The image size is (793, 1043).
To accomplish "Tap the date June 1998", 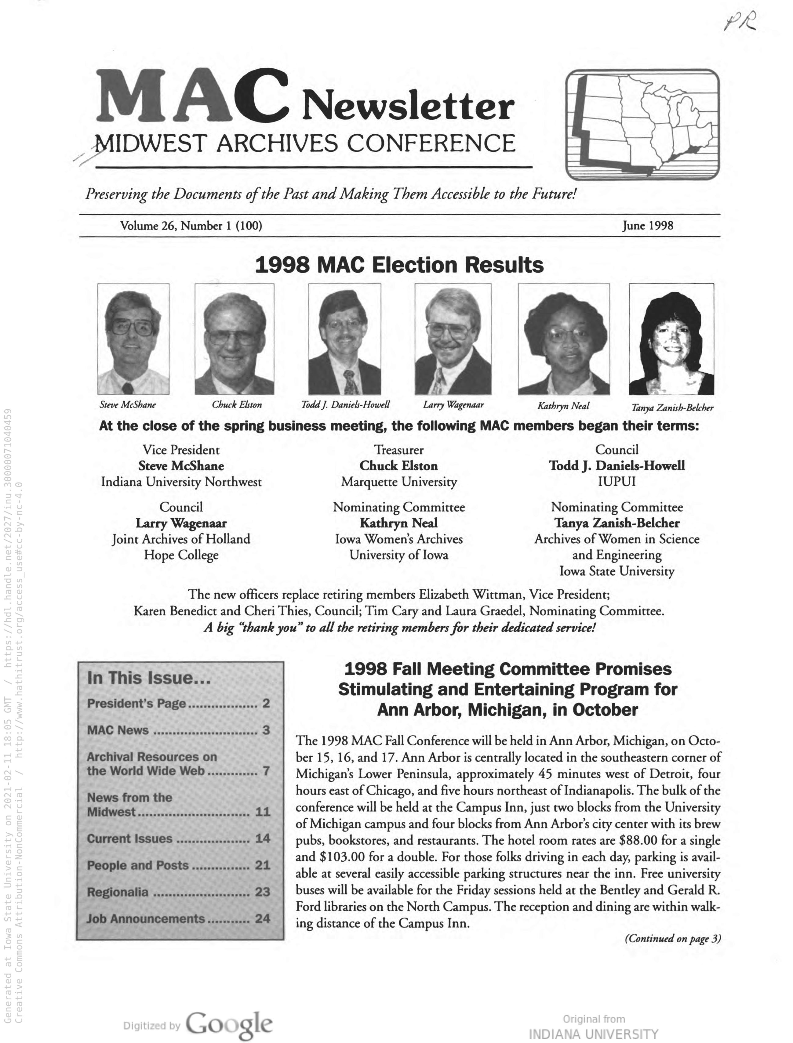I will pos(648,226).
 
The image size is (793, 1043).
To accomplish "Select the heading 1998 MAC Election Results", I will pos(399,265).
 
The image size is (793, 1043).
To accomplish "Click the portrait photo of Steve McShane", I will pos(133,339).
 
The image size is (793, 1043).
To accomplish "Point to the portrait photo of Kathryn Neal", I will pos(564,339).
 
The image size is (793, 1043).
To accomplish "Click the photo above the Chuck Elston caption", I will pos(234,339).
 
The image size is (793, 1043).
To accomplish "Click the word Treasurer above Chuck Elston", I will pos(399,450).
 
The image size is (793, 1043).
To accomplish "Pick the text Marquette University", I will pos(399,482).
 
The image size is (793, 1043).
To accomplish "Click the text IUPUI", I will pos(617,482).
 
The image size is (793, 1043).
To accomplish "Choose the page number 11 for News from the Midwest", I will pos(262,811).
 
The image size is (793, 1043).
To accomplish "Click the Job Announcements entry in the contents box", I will pos(146,918).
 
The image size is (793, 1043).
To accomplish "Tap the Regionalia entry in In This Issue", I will pos(118,892).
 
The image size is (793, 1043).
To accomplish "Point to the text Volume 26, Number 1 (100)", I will pos(191,226).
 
